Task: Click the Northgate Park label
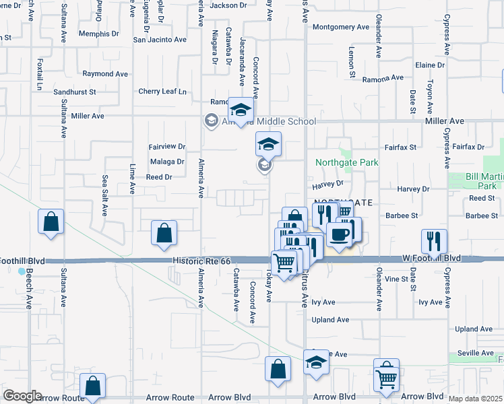(x=347, y=162)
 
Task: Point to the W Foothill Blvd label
(x=431, y=258)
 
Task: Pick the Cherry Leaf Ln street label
(x=162, y=92)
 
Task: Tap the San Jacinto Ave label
(x=159, y=40)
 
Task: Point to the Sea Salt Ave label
(x=104, y=195)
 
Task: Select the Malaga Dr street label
(x=166, y=162)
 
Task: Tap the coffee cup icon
(x=340, y=234)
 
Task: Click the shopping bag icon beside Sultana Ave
(x=51, y=222)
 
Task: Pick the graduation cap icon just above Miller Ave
(x=240, y=110)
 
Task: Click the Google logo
(x=22, y=396)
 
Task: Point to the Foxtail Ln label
(x=40, y=78)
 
